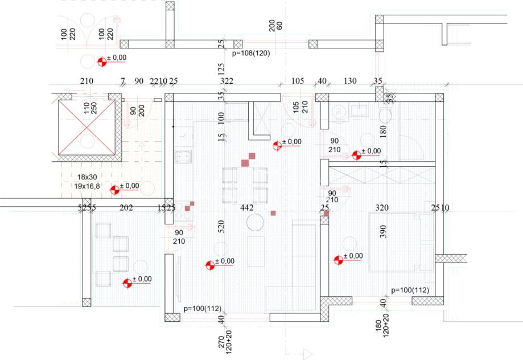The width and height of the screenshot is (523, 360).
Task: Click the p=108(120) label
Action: (252, 53)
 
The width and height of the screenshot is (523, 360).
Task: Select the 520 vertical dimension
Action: (221, 228)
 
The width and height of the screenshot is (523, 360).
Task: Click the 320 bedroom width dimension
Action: (382, 208)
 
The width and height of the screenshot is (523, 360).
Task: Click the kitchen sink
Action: (184, 156)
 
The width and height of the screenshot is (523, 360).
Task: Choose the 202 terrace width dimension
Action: (126, 208)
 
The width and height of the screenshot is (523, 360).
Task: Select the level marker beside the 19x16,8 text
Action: (115, 190)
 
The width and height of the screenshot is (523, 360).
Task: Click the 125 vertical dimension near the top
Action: (221, 68)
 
